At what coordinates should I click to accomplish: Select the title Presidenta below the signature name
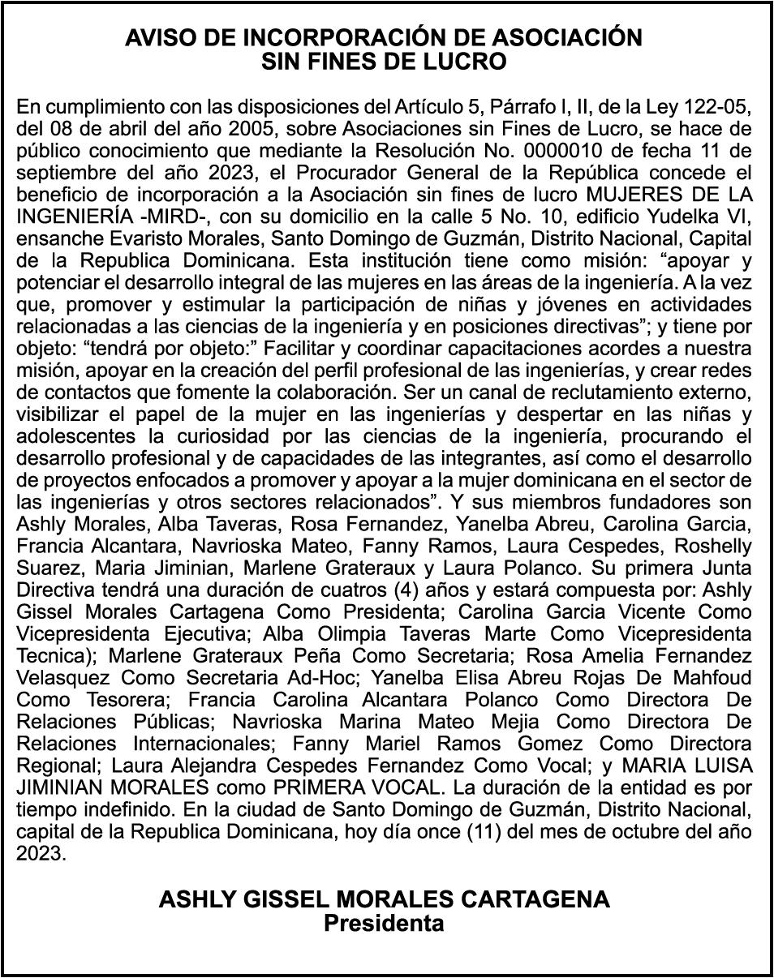point(385,923)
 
